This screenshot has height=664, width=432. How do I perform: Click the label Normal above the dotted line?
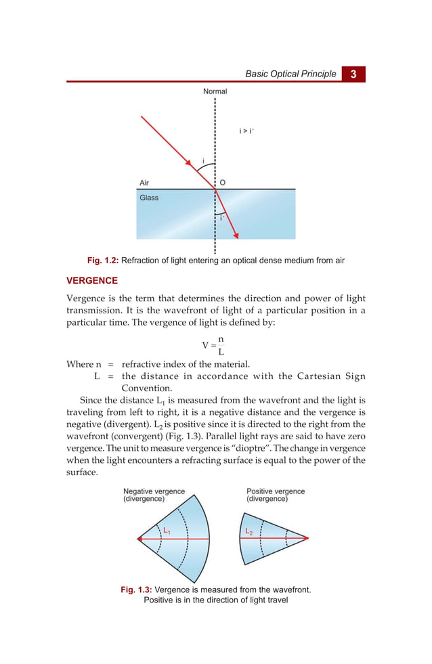point(215,91)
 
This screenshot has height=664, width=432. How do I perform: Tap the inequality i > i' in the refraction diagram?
point(246,131)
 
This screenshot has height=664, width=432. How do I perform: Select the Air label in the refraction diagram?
point(144,183)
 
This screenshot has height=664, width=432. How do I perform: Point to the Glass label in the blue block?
point(149,198)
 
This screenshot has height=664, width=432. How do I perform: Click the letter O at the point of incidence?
point(223,183)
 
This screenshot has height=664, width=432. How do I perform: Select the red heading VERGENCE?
point(92,280)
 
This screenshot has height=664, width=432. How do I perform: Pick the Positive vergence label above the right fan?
point(276,491)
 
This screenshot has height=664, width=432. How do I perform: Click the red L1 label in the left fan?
point(166,531)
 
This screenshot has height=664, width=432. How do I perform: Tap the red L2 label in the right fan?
point(250,532)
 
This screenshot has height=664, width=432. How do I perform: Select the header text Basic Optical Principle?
point(290,74)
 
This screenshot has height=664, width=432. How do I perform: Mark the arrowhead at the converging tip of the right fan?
point(307,539)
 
